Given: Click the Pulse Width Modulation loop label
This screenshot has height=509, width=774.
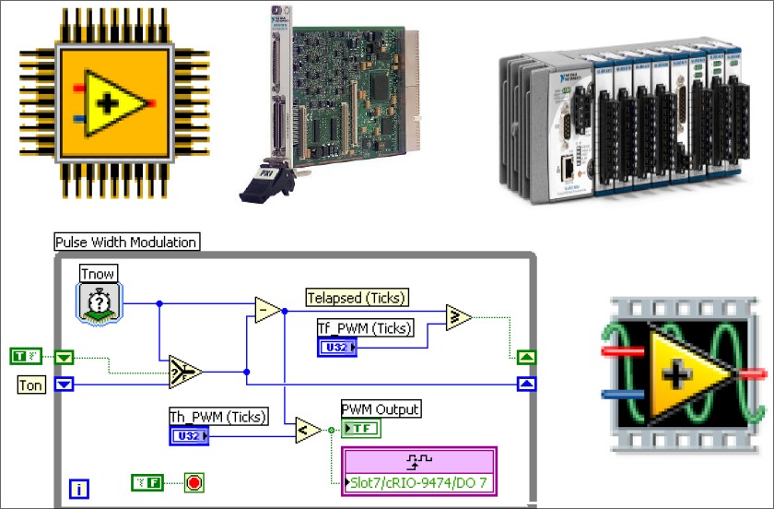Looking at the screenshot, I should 126,242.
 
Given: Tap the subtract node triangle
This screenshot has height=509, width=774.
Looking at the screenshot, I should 266,312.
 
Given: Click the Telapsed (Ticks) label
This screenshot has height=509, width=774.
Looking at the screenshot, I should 358,297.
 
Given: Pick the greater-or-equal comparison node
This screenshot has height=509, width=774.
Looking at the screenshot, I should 458,317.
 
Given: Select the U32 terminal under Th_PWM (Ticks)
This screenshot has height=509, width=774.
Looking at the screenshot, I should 190,435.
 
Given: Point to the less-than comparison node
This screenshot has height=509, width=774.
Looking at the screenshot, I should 307,430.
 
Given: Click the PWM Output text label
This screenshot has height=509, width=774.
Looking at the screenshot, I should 380,408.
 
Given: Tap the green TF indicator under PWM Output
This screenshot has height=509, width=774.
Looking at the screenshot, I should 360,428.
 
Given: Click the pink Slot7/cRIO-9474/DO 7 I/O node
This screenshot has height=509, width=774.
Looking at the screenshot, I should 419,472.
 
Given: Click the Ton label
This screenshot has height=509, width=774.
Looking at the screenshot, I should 31,385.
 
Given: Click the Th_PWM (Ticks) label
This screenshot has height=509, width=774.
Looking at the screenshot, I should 217,417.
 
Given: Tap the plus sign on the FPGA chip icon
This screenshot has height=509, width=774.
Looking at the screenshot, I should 110,102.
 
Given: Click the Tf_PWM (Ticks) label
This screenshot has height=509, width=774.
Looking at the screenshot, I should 365,328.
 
